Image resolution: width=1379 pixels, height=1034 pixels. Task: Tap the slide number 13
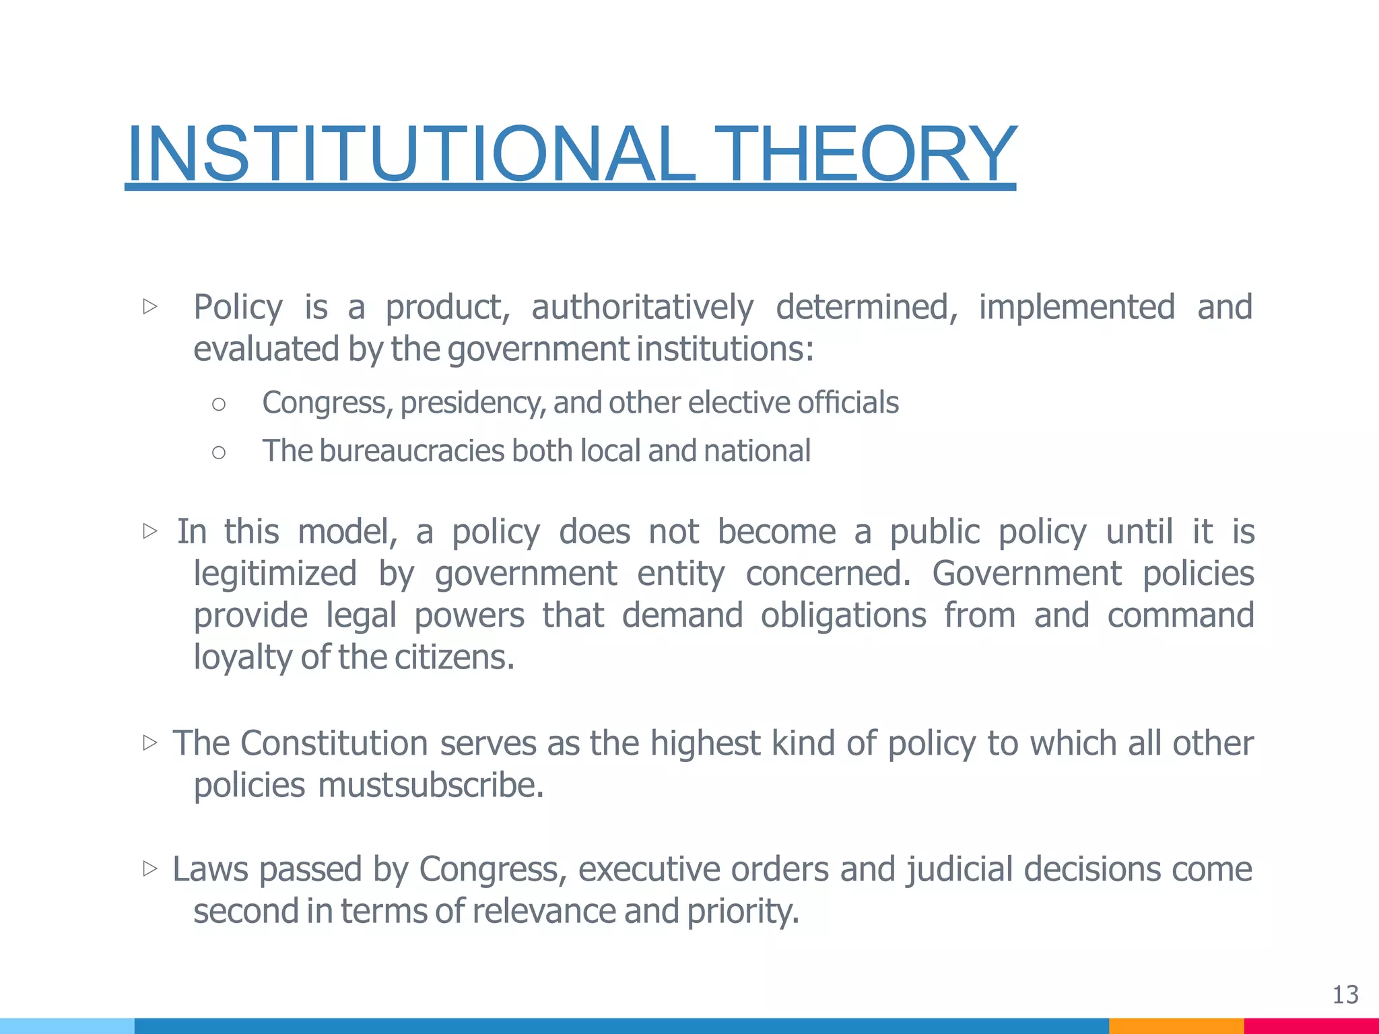click(1345, 995)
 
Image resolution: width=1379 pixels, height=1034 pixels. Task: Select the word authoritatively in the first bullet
click(642, 308)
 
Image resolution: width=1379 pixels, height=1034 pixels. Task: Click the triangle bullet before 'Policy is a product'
click(150, 307)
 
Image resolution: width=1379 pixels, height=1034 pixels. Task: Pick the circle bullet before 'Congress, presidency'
click(218, 404)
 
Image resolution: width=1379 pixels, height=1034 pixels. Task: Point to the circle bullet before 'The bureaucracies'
click(218, 452)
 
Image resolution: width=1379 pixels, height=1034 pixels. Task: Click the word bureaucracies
click(411, 451)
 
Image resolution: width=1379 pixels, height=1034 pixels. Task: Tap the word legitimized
click(275, 574)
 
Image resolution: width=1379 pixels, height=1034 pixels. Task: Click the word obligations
click(843, 616)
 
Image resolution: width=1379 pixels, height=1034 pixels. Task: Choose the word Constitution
click(334, 744)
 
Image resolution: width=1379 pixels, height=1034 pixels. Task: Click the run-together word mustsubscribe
click(431, 786)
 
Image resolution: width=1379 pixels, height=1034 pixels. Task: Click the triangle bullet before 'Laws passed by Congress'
click(150, 868)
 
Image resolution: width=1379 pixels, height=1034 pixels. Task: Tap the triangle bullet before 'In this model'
click(150, 531)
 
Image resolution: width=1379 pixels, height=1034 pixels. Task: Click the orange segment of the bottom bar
click(1176, 1026)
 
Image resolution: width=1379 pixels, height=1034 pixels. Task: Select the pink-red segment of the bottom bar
click(1310, 1026)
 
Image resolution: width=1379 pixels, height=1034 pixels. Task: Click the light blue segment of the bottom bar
click(67, 1026)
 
